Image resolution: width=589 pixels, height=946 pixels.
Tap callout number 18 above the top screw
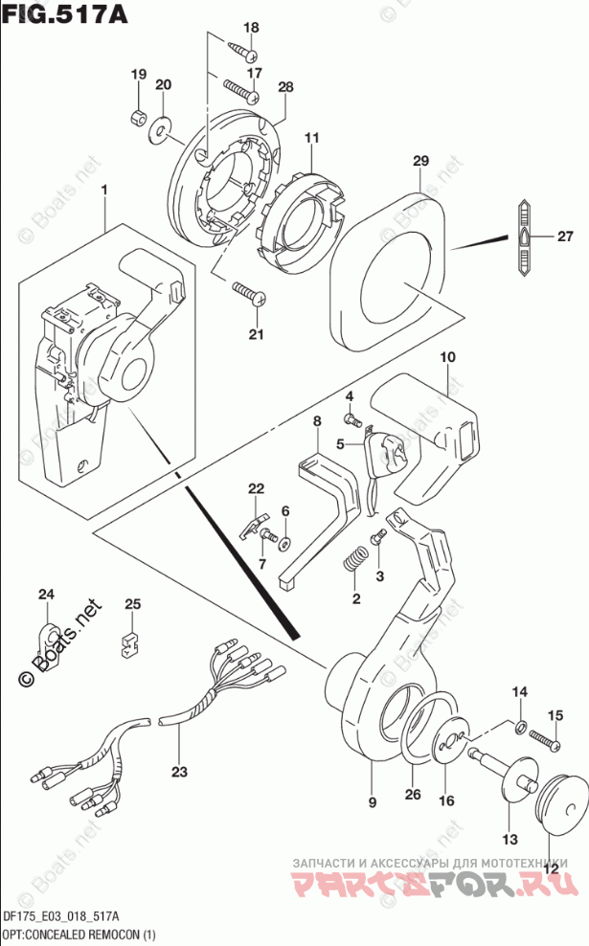(x=250, y=28)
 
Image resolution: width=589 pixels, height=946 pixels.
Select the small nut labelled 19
(x=138, y=117)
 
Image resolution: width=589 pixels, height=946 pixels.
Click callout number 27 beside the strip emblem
(x=563, y=237)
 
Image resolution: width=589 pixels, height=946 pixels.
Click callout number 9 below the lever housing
(x=372, y=801)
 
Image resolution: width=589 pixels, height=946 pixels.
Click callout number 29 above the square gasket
(x=419, y=164)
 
